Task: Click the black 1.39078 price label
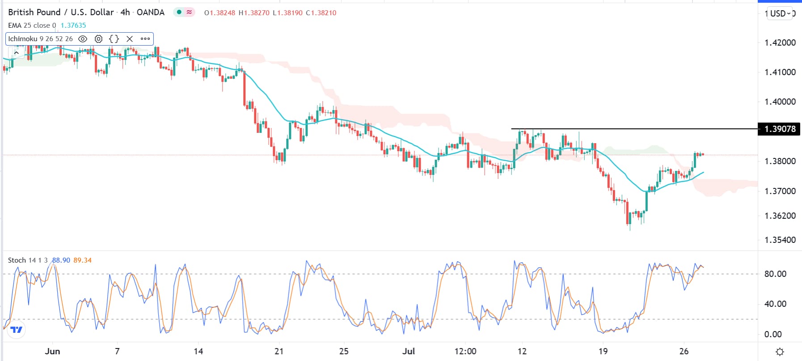point(780,129)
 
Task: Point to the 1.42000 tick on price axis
point(780,42)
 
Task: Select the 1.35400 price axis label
point(780,240)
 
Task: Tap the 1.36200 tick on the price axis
point(780,216)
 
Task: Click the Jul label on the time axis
point(408,351)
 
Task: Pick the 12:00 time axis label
point(465,351)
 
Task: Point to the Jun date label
point(52,351)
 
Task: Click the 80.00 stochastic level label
point(775,274)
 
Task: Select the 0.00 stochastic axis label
point(773,334)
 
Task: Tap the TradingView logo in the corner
point(17,330)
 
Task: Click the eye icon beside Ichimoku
point(83,39)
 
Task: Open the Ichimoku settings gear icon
point(99,39)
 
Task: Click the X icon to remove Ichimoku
point(130,39)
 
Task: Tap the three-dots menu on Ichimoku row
point(145,39)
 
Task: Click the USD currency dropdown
point(780,13)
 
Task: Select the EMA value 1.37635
point(73,25)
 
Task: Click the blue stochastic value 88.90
point(61,260)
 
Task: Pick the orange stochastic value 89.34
point(82,260)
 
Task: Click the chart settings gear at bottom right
point(780,352)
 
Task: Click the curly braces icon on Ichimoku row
point(114,39)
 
